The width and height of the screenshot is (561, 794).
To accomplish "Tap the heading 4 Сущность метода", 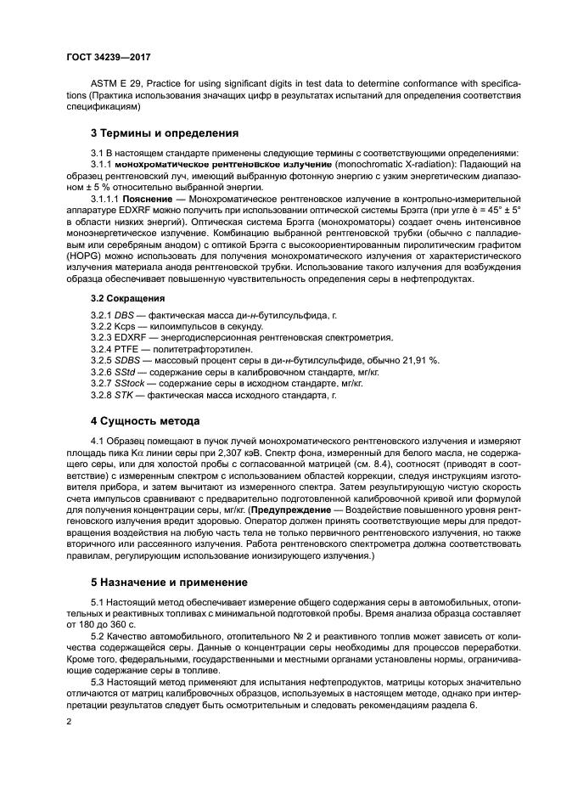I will (x=145, y=420).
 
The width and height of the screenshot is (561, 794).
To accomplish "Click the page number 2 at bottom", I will (x=70, y=721).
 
